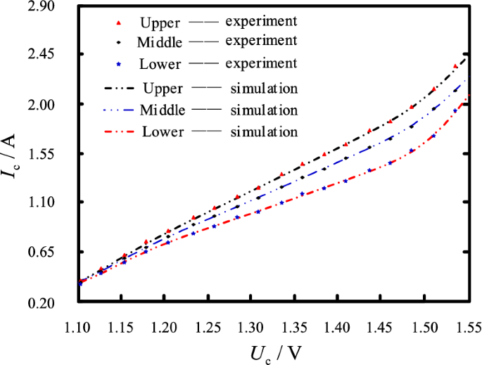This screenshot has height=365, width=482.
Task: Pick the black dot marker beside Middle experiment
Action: click(x=118, y=43)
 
